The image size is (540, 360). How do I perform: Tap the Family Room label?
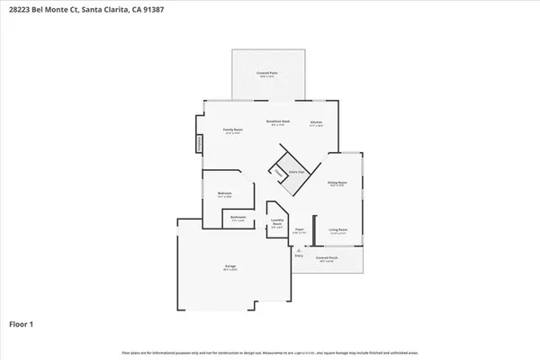point(234,130)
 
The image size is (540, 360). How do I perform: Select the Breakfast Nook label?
point(277,121)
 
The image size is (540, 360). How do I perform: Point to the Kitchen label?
point(316,122)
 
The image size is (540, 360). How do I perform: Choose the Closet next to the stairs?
point(279,173)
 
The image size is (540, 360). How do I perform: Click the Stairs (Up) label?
point(294,171)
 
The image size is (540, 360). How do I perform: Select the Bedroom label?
point(225,193)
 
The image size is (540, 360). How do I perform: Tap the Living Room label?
point(337,230)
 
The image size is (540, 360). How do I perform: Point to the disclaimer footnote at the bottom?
point(270,351)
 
